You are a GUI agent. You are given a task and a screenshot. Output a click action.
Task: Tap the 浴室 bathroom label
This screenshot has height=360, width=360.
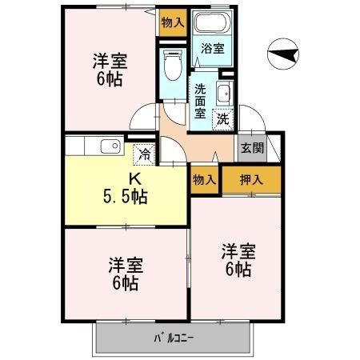(212, 48)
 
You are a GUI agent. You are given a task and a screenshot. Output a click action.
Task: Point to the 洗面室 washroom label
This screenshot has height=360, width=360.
(200, 101)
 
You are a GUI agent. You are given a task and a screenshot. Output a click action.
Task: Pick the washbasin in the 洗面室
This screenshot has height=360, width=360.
(224, 92)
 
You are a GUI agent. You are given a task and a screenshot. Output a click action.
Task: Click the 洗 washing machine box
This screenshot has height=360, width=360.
(224, 119)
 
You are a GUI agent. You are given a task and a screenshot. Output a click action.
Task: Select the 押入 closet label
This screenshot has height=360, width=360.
(252, 180)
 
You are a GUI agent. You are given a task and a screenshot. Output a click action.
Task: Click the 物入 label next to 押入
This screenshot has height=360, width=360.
(205, 180)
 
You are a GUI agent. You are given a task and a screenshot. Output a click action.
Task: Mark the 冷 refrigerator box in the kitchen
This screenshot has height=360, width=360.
(145, 153)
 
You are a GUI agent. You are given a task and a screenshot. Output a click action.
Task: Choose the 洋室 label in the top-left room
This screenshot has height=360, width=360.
(108, 61)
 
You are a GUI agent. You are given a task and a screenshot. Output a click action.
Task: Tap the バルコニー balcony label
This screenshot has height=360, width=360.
(174, 337)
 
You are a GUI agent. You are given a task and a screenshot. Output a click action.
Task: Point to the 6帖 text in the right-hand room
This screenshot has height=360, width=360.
(238, 270)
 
